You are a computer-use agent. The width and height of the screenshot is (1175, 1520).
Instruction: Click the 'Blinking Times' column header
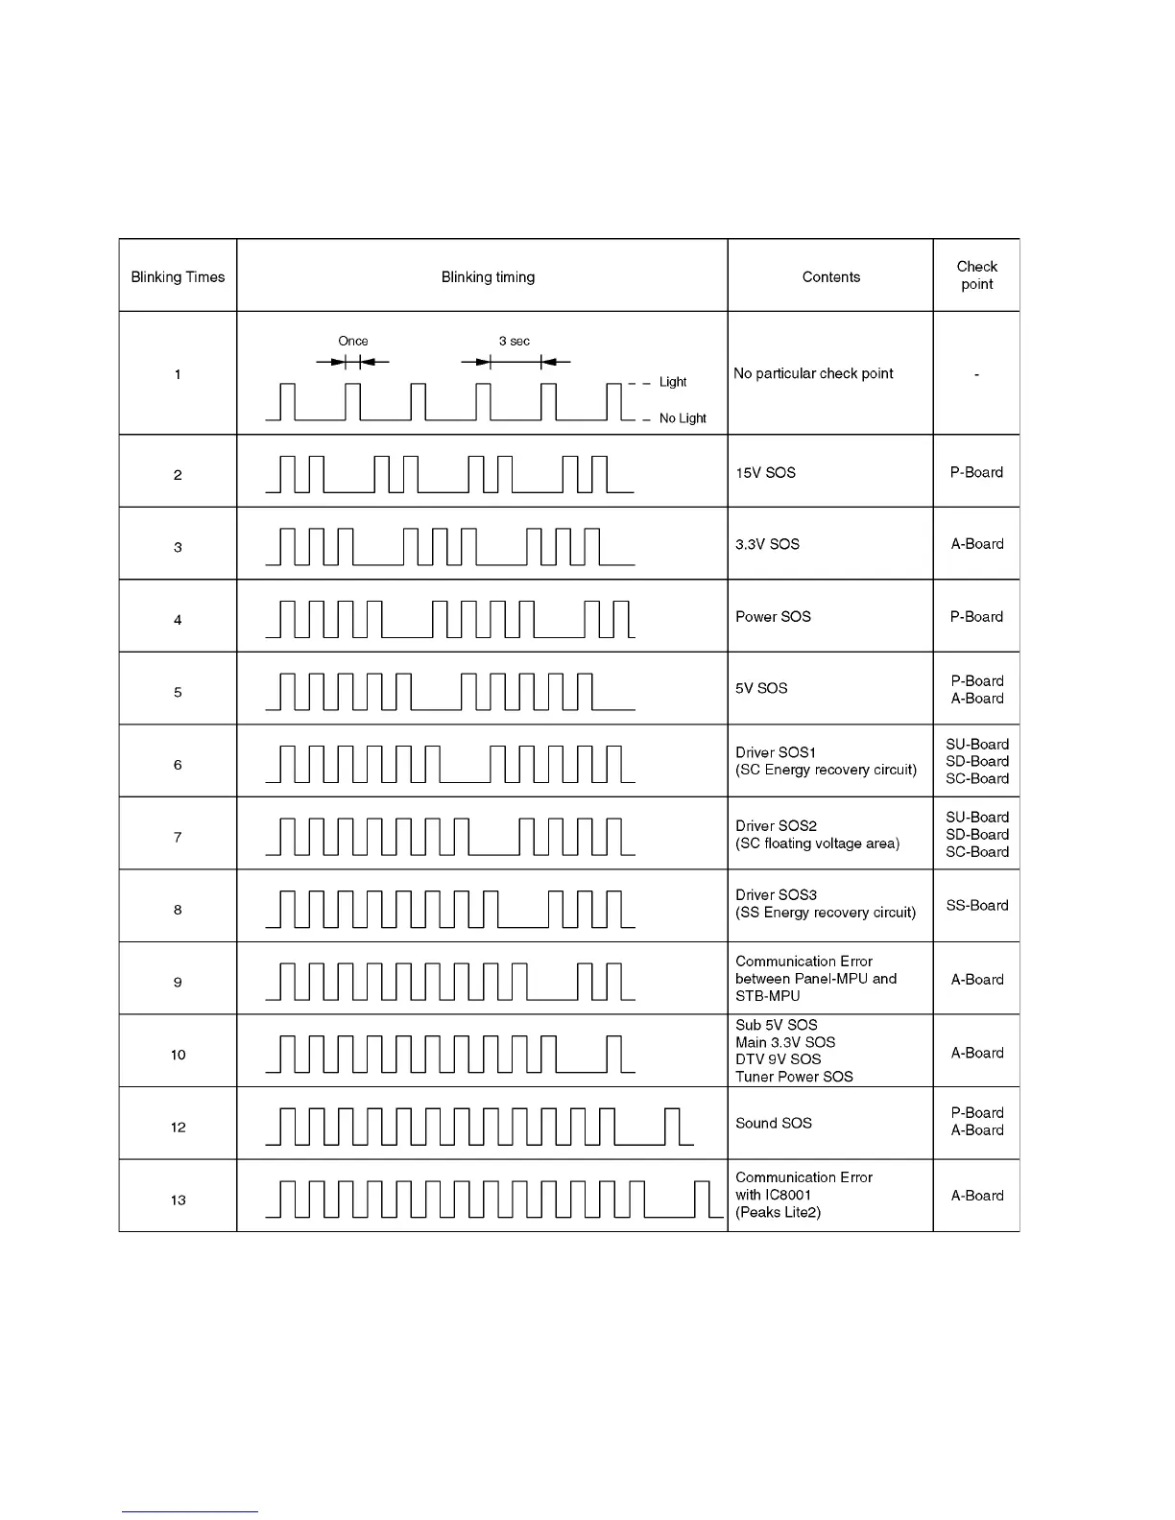[178, 277]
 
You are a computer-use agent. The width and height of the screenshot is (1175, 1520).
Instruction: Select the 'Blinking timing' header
[488, 277]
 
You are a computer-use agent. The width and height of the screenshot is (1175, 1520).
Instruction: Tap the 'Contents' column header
[830, 277]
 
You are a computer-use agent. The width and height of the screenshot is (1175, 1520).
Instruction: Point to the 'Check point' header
[976, 275]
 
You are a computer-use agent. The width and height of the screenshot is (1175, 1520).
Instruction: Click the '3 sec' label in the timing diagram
[515, 342]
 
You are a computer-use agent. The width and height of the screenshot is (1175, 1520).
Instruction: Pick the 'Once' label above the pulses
[353, 342]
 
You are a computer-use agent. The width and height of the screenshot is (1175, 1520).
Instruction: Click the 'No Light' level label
[683, 418]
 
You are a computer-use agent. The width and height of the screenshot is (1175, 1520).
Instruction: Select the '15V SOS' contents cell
[765, 473]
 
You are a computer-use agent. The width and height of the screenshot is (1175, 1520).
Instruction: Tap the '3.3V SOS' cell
[767, 544]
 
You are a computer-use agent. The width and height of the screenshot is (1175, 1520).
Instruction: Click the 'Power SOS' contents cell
[773, 617]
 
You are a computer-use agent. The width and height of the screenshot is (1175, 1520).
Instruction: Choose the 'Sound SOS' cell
[773, 1123]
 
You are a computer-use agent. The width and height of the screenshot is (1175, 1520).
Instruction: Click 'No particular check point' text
[813, 373]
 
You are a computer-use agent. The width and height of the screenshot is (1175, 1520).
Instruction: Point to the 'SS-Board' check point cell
[976, 905]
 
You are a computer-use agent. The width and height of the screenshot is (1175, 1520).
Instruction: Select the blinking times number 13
[178, 1200]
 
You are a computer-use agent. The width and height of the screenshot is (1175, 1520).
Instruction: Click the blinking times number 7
[178, 838]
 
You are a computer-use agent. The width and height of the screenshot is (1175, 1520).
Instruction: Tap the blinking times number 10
[178, 1056]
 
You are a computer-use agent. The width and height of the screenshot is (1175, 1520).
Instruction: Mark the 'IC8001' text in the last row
[788, 1195]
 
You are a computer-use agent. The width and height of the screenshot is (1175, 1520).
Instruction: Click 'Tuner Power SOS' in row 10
[794, 1077]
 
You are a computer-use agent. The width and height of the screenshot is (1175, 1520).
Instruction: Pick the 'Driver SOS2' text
[776, 826]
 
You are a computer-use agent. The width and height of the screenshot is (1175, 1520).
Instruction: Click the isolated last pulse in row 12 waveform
[673, 1127]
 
